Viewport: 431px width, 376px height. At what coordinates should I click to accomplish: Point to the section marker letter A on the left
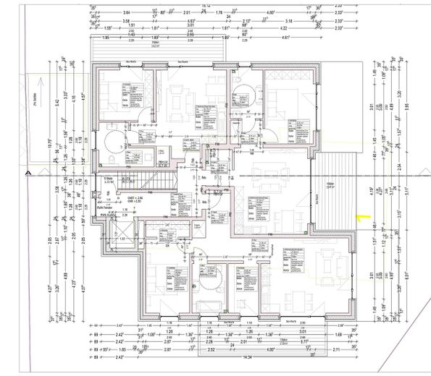pos(27,174)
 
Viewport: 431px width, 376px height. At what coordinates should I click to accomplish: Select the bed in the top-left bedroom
pos(112,94)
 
